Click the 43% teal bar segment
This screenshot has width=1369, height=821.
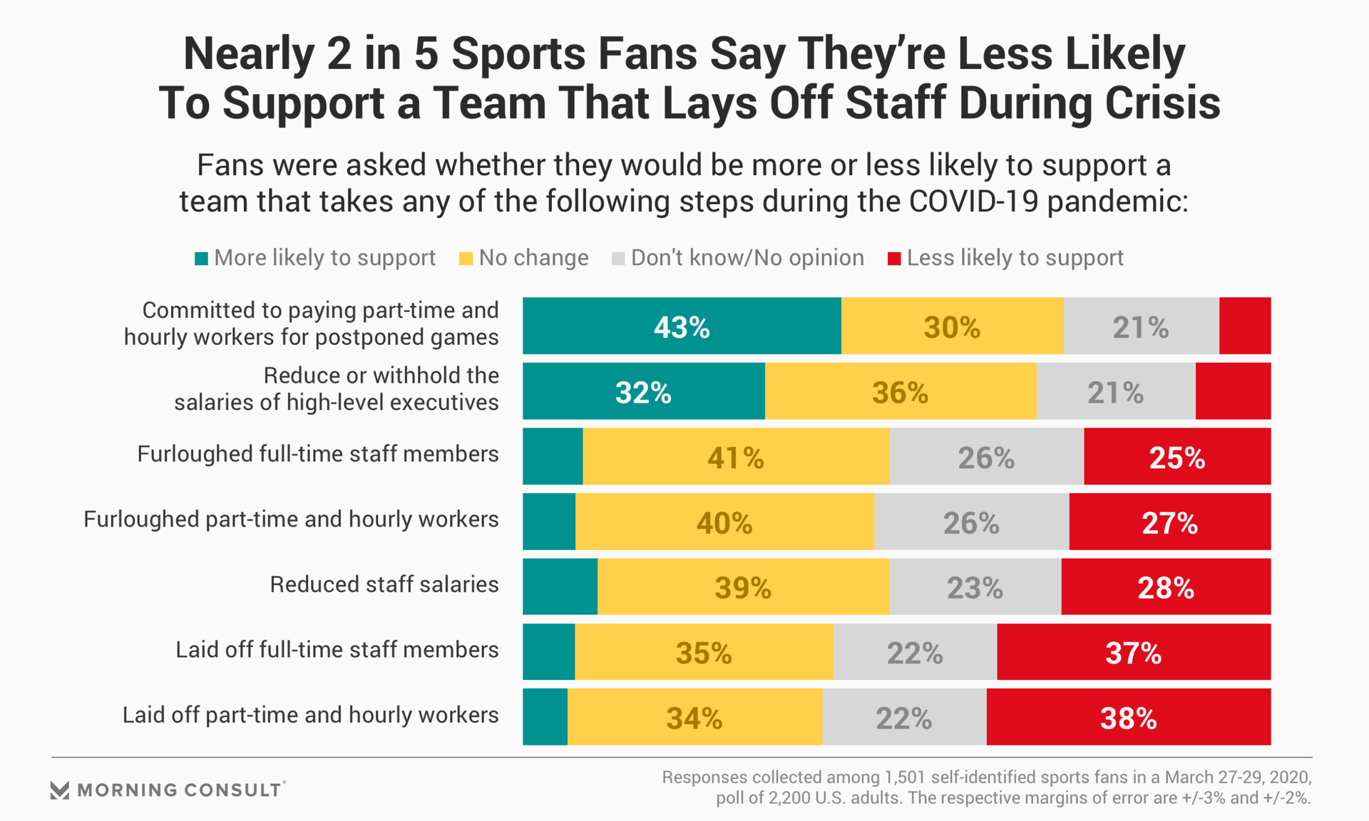(682, 326)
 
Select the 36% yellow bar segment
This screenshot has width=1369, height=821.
(900, 391)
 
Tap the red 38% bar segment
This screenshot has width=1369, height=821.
(1128, 717)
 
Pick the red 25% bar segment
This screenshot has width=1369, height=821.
(1176, 456)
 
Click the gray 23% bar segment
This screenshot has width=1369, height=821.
(975, 587)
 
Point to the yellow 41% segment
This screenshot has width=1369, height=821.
(736, 456)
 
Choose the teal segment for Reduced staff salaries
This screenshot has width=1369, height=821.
(560, 587)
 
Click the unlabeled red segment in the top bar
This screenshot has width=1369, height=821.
(1244, 326)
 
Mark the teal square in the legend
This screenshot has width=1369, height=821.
(202, 259)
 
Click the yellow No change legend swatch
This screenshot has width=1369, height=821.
(466, 259)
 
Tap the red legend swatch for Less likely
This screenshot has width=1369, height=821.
(894, 259)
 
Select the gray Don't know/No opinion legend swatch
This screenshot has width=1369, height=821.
(618, 259)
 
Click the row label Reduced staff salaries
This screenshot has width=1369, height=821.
(384, 584)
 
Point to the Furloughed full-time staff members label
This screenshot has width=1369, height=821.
(317, 454)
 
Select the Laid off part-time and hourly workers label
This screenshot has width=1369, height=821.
(310, 715)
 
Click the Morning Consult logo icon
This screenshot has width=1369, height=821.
(60, 790)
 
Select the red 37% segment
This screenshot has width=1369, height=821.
(1133, 652)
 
